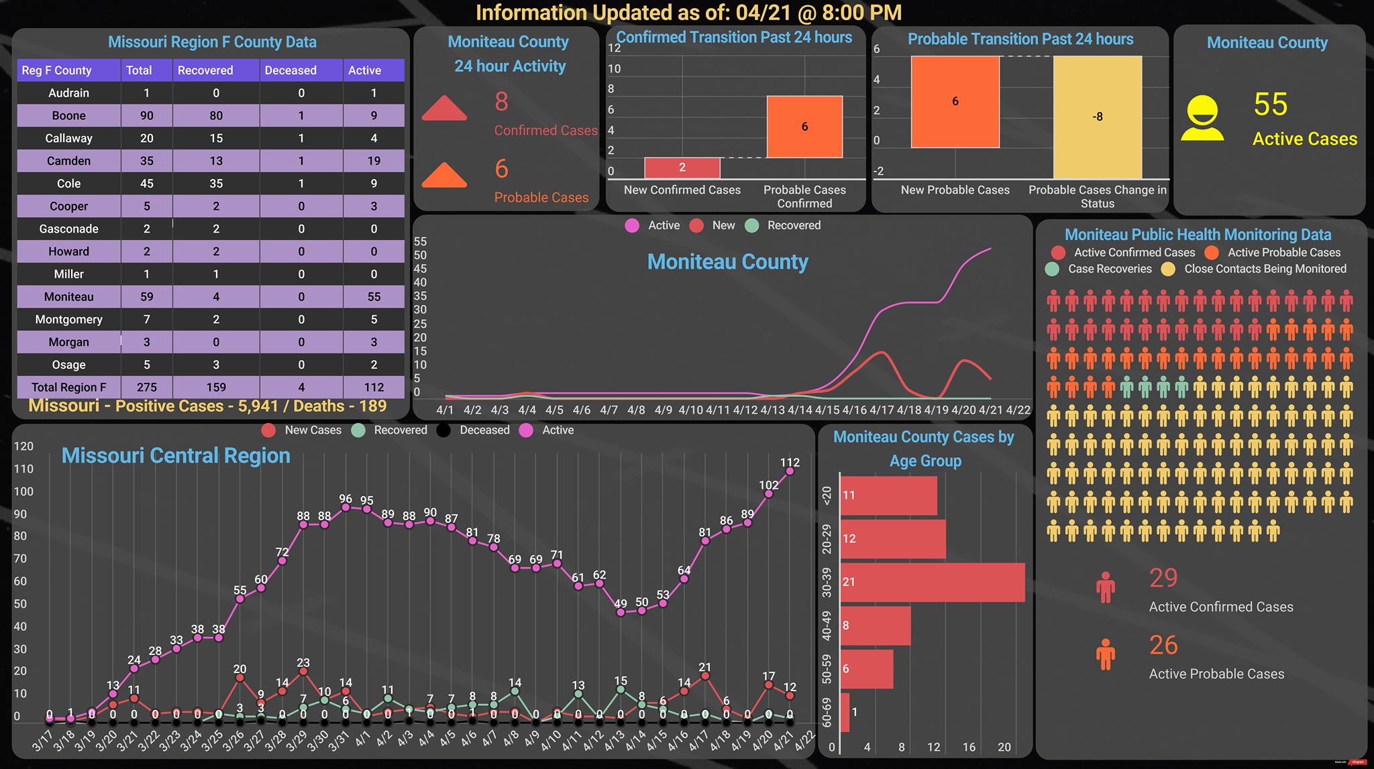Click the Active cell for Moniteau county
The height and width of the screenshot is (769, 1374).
pos(374,296)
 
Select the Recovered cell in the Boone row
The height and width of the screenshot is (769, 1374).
pos(216,115)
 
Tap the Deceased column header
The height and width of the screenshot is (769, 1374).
pos(290,70)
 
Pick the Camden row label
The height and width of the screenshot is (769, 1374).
pos(68,161)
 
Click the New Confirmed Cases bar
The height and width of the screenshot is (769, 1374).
pos(682,168)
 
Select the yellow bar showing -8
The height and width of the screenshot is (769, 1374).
pos(1098,117)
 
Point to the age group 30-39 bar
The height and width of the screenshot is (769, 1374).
pos(933,582)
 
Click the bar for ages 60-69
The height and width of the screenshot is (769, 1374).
pos(845,712)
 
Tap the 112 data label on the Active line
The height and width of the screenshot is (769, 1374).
pos(790,462)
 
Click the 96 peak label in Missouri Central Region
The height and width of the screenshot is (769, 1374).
pos(346,499)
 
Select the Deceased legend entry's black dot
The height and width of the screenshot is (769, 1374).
pos(443,430)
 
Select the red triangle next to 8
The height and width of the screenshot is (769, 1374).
pos(444,108)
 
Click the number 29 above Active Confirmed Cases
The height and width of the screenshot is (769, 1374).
pos(1163,577)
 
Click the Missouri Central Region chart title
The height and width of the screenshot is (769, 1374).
pos(176,456)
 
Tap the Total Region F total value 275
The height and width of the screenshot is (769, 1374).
pos(147,387)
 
